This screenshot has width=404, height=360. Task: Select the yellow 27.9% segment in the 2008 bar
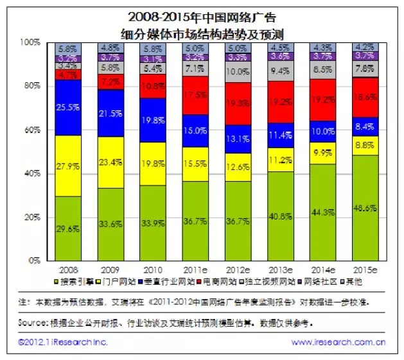point(68,166)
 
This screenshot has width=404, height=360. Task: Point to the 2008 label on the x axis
point(68,270)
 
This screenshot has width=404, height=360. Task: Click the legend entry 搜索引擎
point(80,281)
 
